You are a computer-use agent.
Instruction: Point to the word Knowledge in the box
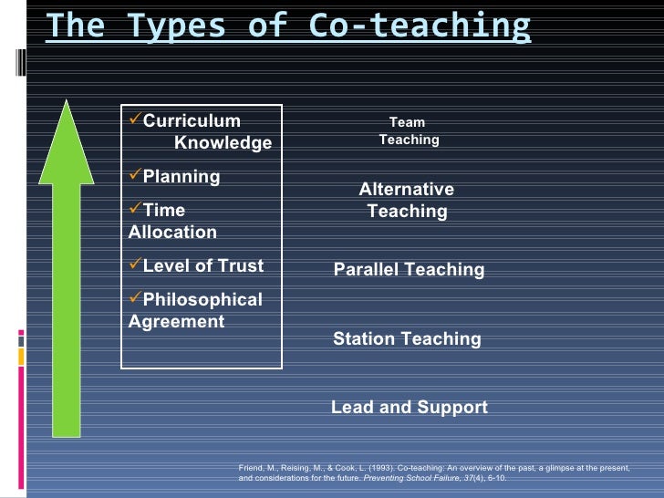coord(223,143)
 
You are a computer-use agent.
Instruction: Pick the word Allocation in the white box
coord(172,233)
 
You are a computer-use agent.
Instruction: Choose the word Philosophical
coord(202,300)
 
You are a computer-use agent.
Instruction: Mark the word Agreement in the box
coord(176,322)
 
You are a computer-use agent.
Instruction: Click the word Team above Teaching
coord(407,122)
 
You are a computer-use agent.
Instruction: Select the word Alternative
coord(406,190)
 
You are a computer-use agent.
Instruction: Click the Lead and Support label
coord(409,408)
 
